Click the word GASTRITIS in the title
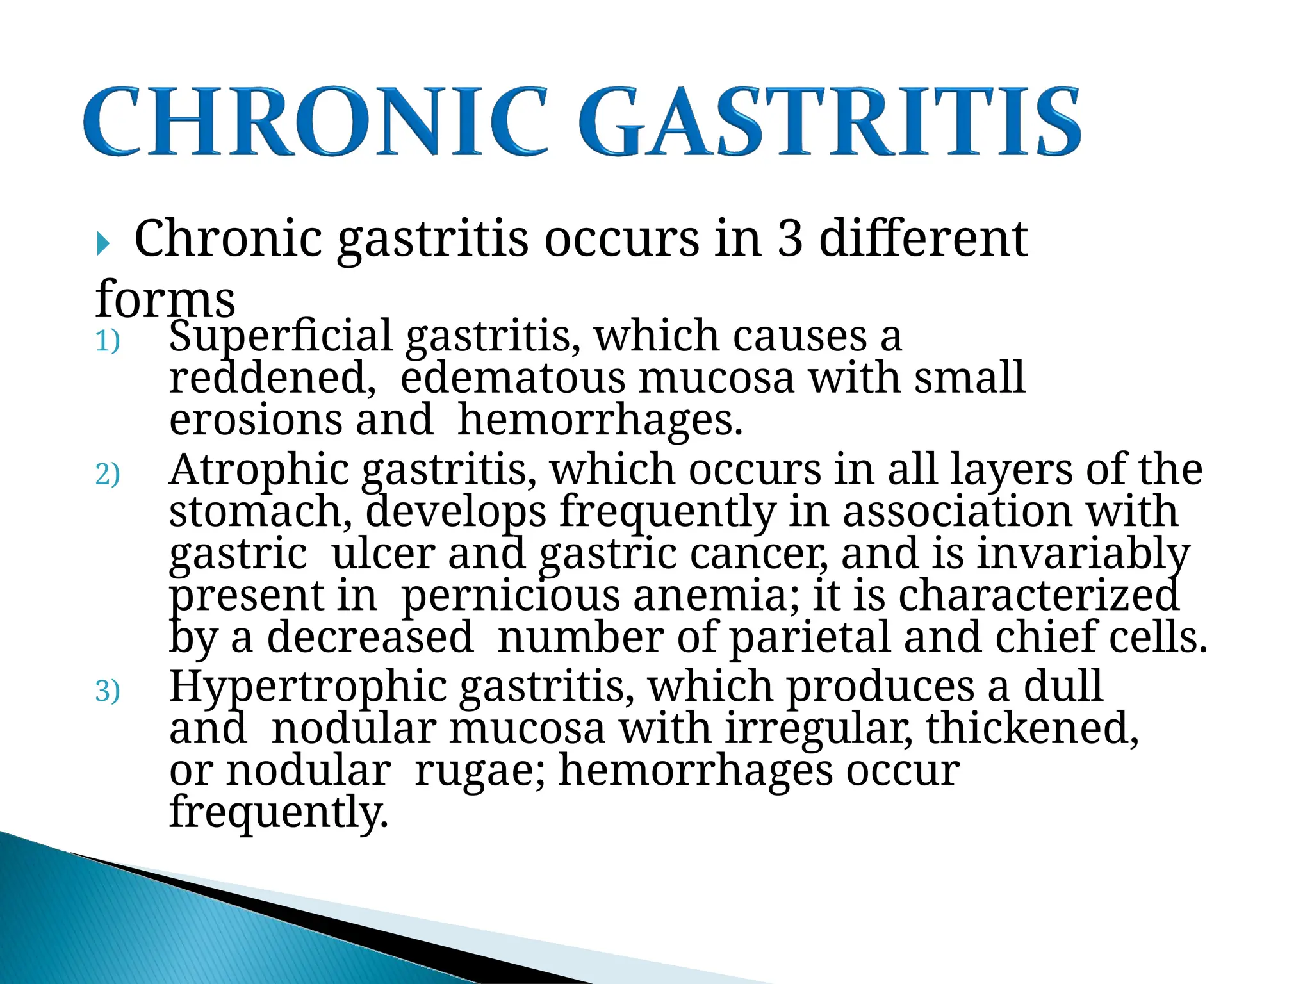(830, 122)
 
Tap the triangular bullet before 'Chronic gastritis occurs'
(103, 243)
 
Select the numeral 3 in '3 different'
(790, 238)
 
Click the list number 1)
(108, 341)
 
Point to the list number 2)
(108, 475)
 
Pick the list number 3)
(108, 692)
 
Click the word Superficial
(281, 336)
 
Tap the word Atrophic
(259, 470)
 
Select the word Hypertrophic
(308, 687)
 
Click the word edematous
(512, 378)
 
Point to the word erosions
(256, 420)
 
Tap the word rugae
(480, 771)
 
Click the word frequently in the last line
(279, 812)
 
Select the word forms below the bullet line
(165, 300)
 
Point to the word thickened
(1031, 729)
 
